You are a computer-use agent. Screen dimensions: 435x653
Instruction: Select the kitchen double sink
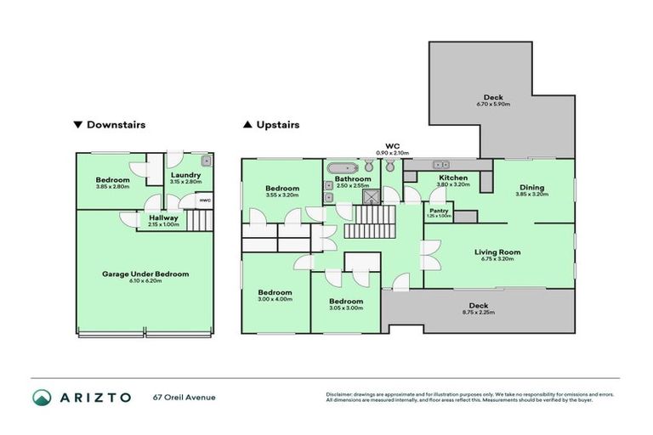tap(440, 163)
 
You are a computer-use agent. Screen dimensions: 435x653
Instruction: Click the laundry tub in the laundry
tap(206, 161)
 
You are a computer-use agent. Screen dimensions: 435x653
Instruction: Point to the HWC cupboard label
tap(204, 201)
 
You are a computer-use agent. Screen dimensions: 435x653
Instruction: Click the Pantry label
tap(440, 210)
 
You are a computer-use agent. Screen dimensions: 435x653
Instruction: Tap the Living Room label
tap(497, 251)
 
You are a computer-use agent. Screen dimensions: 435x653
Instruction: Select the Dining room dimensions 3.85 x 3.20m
tap(532, 195)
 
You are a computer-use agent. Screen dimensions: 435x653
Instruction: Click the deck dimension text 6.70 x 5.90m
tap(494, 105)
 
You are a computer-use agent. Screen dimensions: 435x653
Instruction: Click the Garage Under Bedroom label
tap(145, 274)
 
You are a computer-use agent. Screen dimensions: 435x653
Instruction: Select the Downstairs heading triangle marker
tap(78, 125)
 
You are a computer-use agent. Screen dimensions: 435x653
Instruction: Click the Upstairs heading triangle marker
tap(247, 125)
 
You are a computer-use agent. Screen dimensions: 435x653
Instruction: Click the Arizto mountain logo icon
tap(42, 397)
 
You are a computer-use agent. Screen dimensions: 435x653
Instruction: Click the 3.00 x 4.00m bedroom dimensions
tap(275, 298)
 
